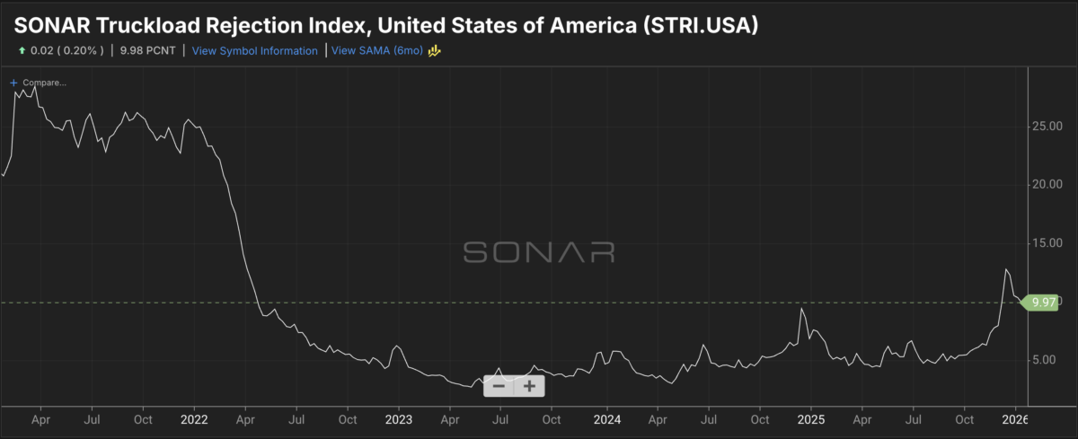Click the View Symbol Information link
[x=255, y=51]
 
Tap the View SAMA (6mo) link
[x=377, y=51]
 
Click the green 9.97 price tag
[x=1041, y=303]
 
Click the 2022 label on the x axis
[x=195, y=419]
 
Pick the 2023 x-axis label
[x=399, y=419]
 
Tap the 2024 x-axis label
[x=607, y=419]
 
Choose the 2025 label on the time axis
[x=811, y=419]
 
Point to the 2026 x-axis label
[x=1015, y=419]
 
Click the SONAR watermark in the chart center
[x=539, y=251]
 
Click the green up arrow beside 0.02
[x=21, y=51]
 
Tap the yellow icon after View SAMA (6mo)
[x=434, y=51]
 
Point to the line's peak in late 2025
[x=1006, y=269]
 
